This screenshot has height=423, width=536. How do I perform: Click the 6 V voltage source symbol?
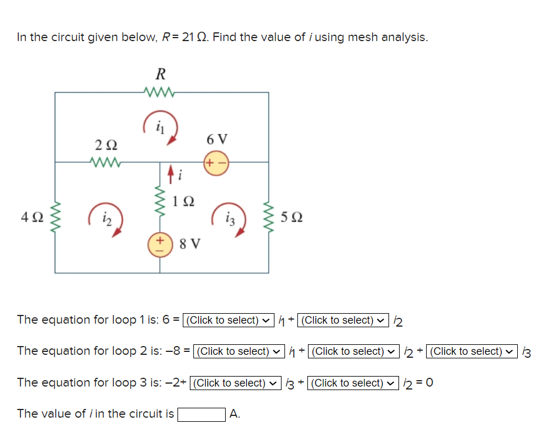(x=216, y=163)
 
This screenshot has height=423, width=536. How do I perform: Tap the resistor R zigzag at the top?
(x=159, y=91)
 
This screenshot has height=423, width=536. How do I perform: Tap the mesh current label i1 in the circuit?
(x=159, y=125)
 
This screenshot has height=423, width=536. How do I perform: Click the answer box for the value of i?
(x=202, y=414)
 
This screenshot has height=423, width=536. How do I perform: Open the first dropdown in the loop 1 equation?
(x=229, y=320)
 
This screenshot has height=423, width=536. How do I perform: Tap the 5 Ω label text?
(x=292, y=218)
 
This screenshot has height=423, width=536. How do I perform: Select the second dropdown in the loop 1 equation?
(x=344, y=320)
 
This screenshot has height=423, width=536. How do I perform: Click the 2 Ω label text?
(x=106, y=145)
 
